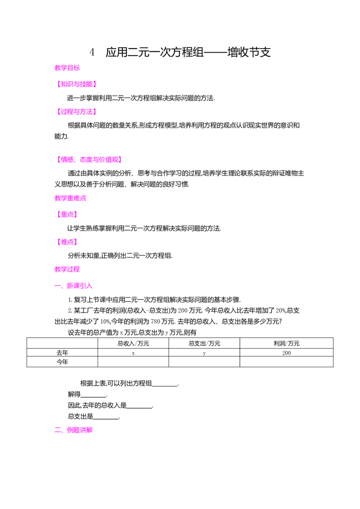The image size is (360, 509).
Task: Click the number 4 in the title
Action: pos(92,52)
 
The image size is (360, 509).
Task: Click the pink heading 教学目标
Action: pos(67,68)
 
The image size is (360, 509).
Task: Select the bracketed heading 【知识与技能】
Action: pos(76,84)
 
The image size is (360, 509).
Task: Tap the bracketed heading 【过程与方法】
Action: pos(76,112)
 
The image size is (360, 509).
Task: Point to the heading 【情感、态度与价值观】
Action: pos(89,159)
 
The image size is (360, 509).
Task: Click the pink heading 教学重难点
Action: pos(71,198)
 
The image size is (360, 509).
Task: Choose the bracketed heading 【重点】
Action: pos(67,214)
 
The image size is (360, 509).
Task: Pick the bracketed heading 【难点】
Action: pos(67,242)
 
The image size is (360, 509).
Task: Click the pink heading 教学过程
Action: pos(67,269)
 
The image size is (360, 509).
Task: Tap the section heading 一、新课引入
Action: pos(73,286)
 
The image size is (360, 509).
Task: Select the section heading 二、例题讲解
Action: pos(73,430)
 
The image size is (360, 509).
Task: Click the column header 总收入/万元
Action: pos(133,344)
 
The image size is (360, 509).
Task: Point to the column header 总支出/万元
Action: pos(204,344)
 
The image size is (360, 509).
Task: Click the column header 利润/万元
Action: pos(287,344)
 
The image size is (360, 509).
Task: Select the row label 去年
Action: pos(63,353)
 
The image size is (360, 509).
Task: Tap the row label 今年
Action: pos(63,362)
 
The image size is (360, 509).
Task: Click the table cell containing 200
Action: pos(287,353)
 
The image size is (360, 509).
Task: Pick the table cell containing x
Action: pos(133,353)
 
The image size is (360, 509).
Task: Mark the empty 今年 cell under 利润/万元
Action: pos(287,362)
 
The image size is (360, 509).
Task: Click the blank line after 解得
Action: pos(94,397)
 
